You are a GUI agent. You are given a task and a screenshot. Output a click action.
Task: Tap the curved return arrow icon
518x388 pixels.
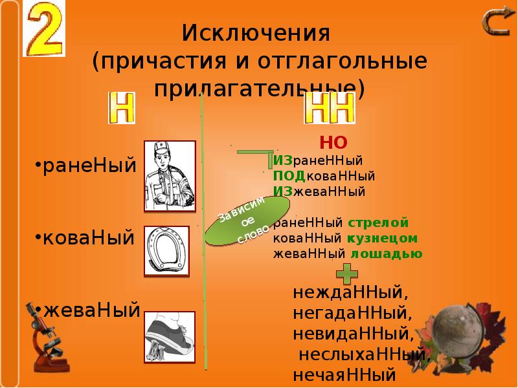497,23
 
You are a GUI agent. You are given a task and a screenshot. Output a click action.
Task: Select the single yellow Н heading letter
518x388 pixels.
121,107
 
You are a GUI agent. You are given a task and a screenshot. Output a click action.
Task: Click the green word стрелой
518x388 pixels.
378,223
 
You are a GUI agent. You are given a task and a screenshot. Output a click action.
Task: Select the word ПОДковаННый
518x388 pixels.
324,176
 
